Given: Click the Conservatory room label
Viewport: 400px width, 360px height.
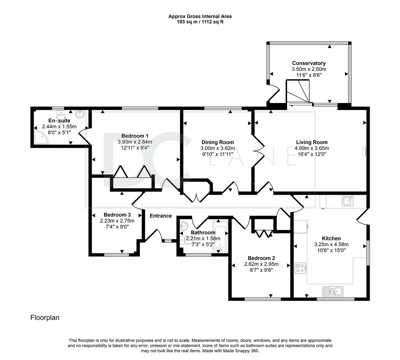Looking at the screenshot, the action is tap(309, 63).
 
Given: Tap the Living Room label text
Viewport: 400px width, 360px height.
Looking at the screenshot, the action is tap(312, 142).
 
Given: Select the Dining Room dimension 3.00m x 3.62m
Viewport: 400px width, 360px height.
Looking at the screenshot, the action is tap(218, 148).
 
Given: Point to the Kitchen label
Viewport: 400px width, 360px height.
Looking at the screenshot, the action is tap(331, 238).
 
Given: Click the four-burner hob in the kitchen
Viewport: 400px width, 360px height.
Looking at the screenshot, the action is tap(300, 268).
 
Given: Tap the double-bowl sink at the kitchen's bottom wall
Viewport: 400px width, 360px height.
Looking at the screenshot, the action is tap(333, 291).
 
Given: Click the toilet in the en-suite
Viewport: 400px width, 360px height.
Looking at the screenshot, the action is tap(61, 115).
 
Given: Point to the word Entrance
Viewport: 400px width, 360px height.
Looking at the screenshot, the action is tap(161, 216).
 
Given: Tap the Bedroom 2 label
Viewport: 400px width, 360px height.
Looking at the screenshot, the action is tap(261, 258).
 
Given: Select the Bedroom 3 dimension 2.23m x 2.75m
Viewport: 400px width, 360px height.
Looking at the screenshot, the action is tap(117, 221).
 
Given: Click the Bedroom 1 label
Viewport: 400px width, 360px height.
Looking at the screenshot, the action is tap(135, 136).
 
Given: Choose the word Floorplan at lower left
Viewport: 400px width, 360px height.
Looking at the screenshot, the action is tap(45, 318).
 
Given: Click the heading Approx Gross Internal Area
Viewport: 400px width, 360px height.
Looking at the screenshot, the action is tap(200, 16).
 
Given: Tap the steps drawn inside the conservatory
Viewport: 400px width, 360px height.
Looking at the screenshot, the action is tap(298, 91).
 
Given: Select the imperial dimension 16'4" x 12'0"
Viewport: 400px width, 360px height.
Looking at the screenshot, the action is tap(312, 154).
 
